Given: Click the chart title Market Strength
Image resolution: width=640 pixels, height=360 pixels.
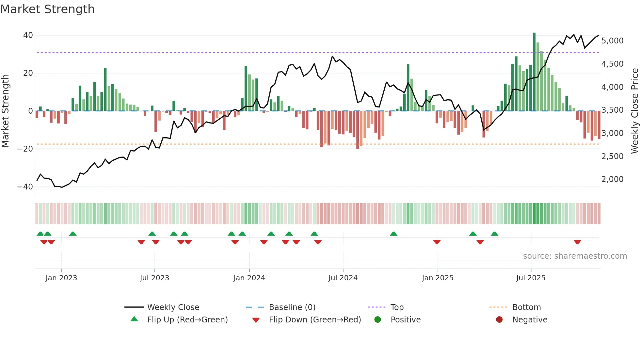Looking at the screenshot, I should pos(47,9).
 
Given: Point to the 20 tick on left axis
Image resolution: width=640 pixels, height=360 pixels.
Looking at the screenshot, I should pos(28,73).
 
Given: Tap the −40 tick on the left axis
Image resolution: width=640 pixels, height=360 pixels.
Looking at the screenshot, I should pos(25,187).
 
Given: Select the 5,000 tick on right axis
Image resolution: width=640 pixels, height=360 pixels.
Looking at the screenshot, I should pos(612,41).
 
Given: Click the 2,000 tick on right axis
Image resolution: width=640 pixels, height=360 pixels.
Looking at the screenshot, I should pos(612,179).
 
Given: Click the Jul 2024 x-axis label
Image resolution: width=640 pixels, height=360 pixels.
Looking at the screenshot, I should pos(343,278).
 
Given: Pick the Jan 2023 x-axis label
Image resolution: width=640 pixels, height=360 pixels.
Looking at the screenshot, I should pos(61,278).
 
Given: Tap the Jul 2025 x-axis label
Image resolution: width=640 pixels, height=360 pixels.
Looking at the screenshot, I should pos(531,278).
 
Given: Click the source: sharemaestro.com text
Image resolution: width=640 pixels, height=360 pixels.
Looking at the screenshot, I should pos(575,256).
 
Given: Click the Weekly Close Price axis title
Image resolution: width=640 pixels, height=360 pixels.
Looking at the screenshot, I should pos(634,111).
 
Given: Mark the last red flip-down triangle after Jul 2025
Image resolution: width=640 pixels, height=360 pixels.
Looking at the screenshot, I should pos(577,242).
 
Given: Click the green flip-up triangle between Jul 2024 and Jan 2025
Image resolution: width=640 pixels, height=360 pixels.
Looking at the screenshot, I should pos(393,234).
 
